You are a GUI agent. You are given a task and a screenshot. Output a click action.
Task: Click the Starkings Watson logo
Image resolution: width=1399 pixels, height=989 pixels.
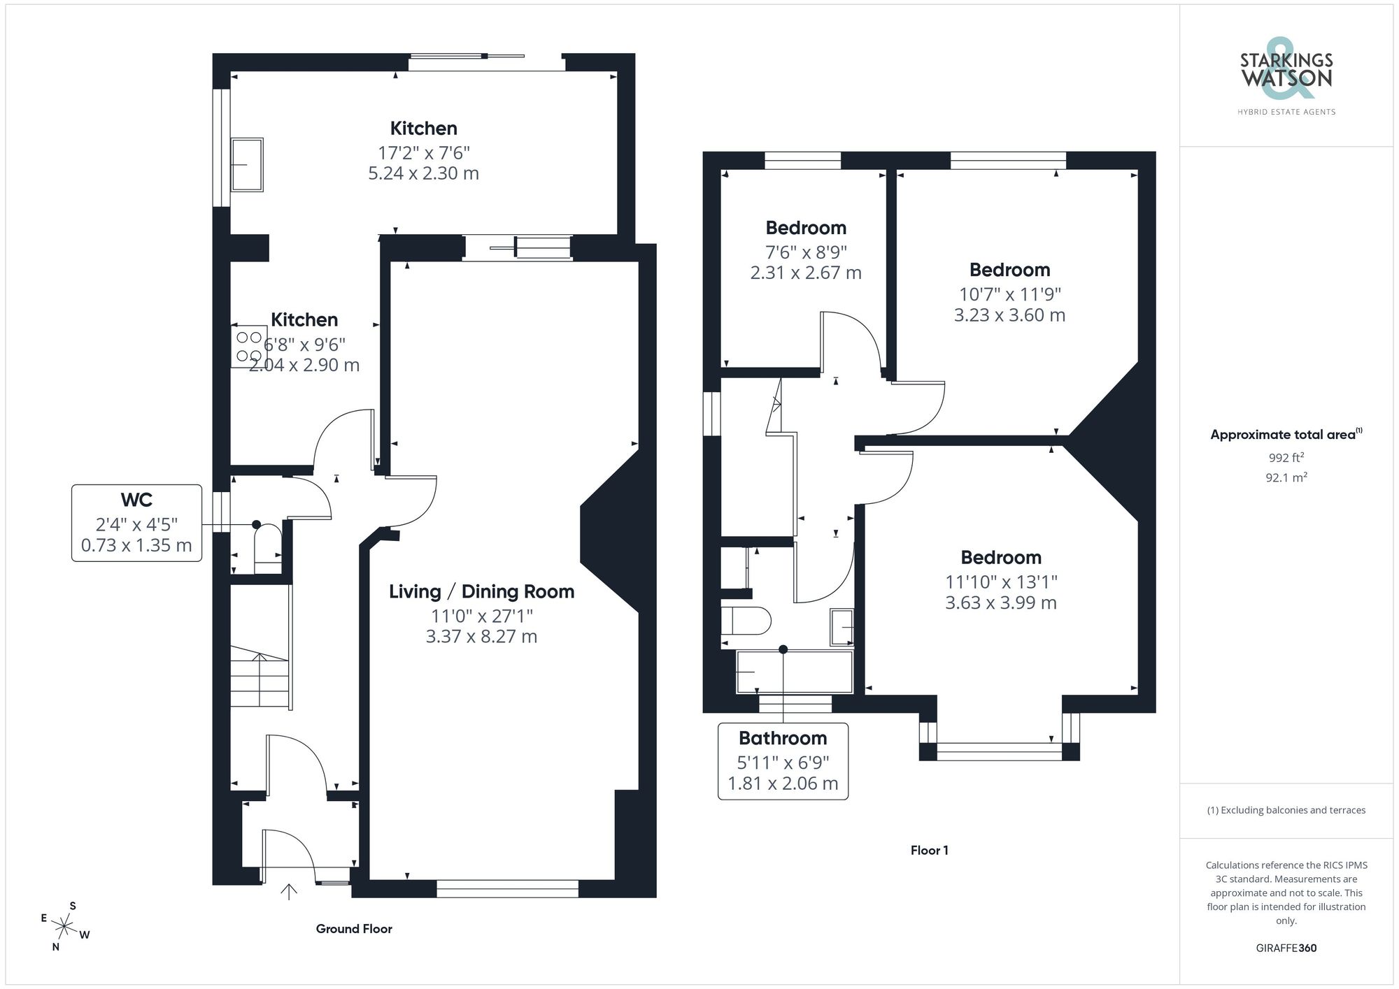(x=1286, y=77)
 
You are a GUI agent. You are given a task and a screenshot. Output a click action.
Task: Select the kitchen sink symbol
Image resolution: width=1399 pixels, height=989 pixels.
(x=247, y=165)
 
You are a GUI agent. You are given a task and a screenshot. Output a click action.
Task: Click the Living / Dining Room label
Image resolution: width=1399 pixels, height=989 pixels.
(x=481, y=592)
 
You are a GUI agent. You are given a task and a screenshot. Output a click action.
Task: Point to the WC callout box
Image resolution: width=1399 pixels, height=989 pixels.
(x=136, y=523)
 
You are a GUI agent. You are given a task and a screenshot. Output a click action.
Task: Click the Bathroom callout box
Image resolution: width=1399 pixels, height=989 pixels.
(x=783, y=761)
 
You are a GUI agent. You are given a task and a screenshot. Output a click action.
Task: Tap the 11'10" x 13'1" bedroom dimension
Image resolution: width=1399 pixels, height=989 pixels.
(x=1000, y=582)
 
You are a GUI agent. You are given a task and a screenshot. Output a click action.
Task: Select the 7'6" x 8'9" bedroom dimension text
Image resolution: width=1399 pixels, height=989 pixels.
(x=806, y=252)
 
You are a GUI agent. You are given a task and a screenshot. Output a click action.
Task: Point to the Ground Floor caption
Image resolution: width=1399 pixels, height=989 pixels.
(x=354, y=929)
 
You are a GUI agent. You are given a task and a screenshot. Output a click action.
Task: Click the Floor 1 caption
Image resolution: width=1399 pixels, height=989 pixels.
(x=929, y=851)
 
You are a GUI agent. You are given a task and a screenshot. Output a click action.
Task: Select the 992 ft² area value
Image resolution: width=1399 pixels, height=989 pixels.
(x=1286, y=458)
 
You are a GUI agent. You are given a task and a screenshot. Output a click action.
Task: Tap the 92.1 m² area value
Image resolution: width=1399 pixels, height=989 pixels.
(x=1286, y=477)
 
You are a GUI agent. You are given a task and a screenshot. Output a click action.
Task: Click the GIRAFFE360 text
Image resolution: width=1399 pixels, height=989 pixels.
(x=1286, y=948)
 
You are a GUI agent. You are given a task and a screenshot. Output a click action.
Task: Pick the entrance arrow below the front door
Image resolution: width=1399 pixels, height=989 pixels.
(x=289, y=891)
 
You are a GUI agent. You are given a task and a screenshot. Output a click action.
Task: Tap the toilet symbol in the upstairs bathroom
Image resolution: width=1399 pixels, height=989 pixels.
(x=746, y=620)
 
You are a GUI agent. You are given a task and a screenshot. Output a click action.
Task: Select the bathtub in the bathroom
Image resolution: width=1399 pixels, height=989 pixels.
(x=795, y=672)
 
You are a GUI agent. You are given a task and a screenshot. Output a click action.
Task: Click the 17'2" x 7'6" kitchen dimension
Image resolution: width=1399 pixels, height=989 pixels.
(x=423, y=152)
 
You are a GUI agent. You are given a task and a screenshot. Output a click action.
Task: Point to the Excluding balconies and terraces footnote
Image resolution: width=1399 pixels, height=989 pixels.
(x=1286, y=810)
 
